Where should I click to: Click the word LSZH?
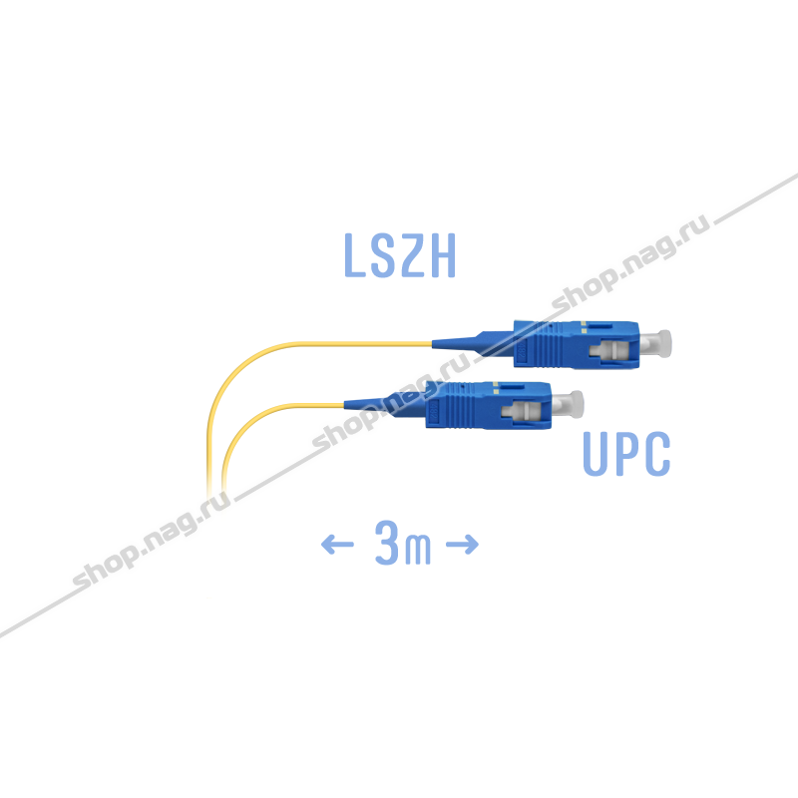(400, 255)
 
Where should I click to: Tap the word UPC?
(626, 454)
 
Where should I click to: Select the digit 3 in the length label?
(387, 543)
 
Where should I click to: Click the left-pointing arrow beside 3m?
(337, 544)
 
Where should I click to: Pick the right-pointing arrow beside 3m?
(462, 544)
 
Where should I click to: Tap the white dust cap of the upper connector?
(655, 342)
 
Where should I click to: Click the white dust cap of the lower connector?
(568, 405)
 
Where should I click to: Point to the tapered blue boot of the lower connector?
(385, 403)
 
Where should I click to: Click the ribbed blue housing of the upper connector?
(577, 344)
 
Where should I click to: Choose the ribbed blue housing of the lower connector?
(489, 406)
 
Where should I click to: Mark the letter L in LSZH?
(355, 255)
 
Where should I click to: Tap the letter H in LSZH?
(443, 255)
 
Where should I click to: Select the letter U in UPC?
(596, 454)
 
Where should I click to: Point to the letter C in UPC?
(658, 454)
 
